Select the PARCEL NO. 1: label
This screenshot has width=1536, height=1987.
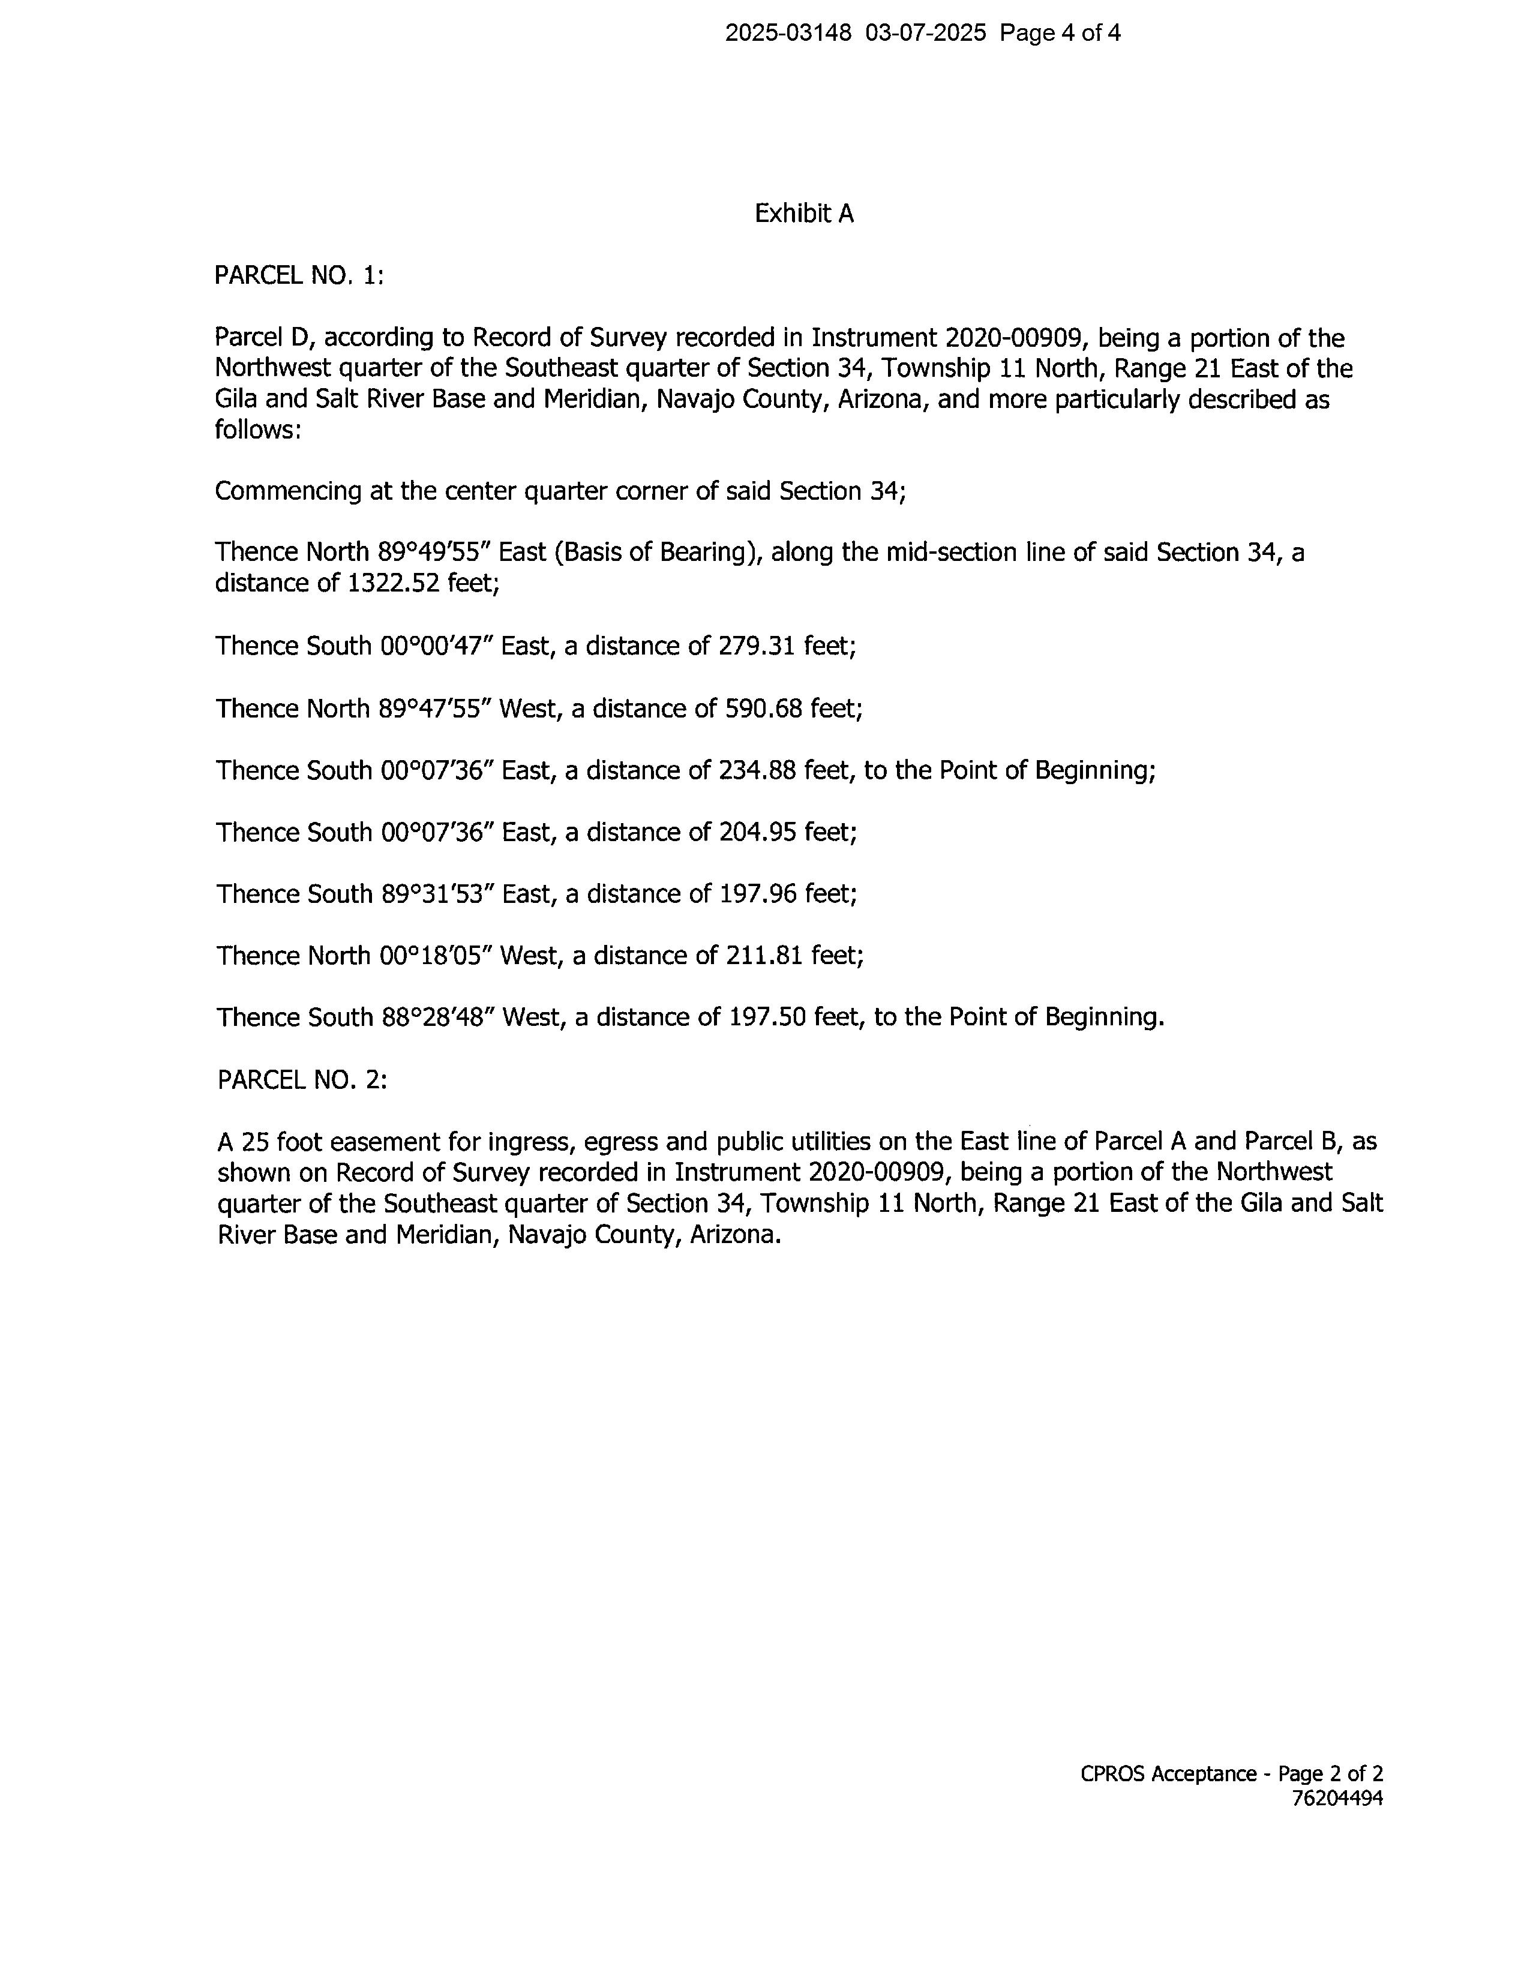coord(298,275)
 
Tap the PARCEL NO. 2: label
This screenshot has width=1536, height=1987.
coord(302,1080)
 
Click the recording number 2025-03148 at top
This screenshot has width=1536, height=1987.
coord(788,34)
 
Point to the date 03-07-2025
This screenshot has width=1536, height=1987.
coord(925,34)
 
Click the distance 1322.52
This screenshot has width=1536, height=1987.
coord(394,583)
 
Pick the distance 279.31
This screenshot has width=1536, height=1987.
coord(756,647)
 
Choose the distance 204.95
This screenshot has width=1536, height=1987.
coord(756,833)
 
